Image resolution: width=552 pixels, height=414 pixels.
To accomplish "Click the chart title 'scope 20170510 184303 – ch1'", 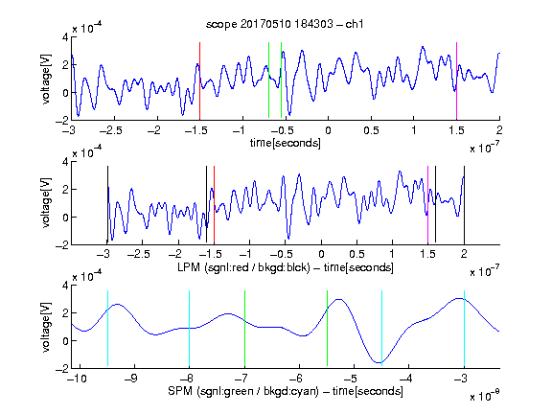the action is (x=285, y=24).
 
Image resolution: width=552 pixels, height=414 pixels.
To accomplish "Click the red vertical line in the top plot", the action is (x=199, y=80).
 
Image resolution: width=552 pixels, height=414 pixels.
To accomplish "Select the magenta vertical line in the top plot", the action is (x=456, y=80).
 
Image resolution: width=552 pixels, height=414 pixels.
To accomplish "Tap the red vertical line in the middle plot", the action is (x=214, y=204).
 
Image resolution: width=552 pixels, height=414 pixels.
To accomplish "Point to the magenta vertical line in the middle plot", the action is (x=427, y=204).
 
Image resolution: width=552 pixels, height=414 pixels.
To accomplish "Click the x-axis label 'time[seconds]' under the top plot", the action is (x=286, y=143).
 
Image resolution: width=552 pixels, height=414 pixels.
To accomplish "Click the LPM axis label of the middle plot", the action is (x=286, y=267).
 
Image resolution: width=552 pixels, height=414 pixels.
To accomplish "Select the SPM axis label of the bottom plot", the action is (x=286, y=391).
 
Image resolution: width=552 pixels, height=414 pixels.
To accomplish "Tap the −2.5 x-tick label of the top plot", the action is (x=111, y=130).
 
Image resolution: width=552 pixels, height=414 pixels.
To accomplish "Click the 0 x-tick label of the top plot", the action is (x=328, y=130).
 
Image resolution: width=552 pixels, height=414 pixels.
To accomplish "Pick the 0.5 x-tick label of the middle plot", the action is (x=356, y=254).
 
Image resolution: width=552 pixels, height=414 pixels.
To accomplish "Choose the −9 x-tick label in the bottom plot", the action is (x=131, y=379).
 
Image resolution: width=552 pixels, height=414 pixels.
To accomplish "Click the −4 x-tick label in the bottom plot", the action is (x=405, y=379).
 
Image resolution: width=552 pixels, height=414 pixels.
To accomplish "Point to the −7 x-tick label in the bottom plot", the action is (x=241, y=379).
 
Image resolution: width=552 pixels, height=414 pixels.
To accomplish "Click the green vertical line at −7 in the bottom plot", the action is (x=244, y=328).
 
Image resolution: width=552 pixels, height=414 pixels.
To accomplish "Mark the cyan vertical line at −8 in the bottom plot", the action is (x=189, y=328).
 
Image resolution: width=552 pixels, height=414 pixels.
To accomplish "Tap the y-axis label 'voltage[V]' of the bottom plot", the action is (x=46, y=327).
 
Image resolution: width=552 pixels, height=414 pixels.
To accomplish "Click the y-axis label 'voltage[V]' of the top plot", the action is (x=46, y=79).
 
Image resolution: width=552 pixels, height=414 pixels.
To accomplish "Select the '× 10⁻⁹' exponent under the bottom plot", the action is (x=485, y=396).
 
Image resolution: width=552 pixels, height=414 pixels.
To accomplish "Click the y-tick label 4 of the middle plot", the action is (x=65, y=162).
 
